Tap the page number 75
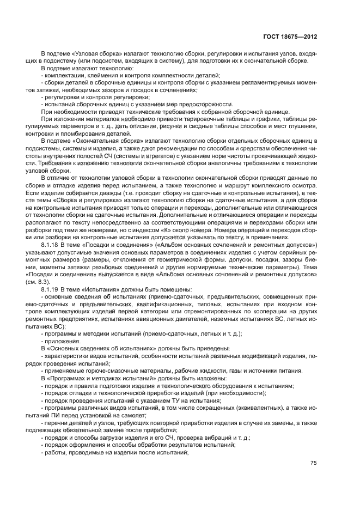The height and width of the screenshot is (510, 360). tap(313, 463)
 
